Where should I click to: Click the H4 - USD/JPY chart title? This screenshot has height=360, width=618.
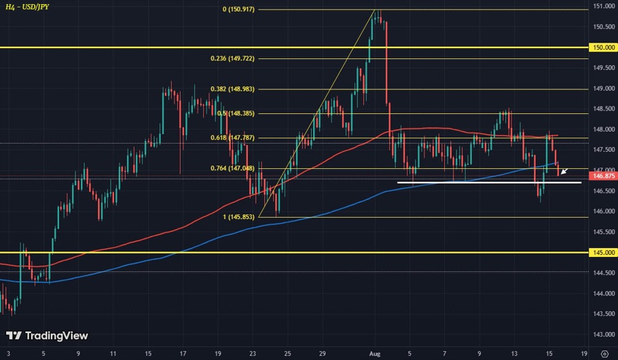pyautogui.click(x=29, y=7)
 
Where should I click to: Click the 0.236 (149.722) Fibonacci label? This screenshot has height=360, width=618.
pyautogui.click(x=232, y=58)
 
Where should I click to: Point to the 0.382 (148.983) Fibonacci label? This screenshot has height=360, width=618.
pyautogui.click(x=232, y=89)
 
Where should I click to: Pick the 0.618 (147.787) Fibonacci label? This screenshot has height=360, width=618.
pyautogui.click(x=232, y=138)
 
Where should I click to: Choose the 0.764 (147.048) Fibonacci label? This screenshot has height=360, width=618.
pyautogui.click(x=232, y=168)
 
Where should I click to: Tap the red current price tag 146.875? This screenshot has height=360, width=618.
pyautogui.click(x=602, y=175)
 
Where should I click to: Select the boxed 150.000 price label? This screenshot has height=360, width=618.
pyautogui.click(x=602, y=47)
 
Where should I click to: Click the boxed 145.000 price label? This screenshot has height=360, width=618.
pyautogui.click(x=602, y=253)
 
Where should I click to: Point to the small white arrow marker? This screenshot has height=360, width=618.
pyautogui.click(x=564, y=172)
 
